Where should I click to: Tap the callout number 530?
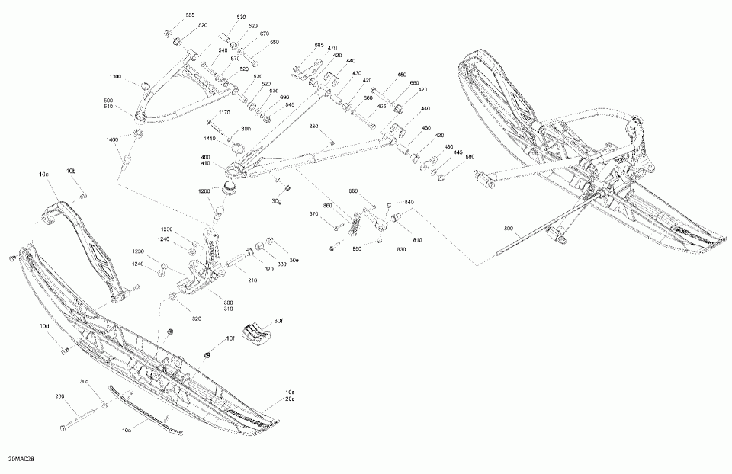(242, 17)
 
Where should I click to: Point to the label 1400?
(113, 140)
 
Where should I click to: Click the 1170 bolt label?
(224, 113)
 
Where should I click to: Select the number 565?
(319, 46)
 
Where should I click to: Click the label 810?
(418, 240)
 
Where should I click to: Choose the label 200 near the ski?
(59, 396)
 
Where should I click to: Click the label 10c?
(43, 175)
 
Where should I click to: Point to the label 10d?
(45, 326)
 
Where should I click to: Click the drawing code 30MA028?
(22, 460)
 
